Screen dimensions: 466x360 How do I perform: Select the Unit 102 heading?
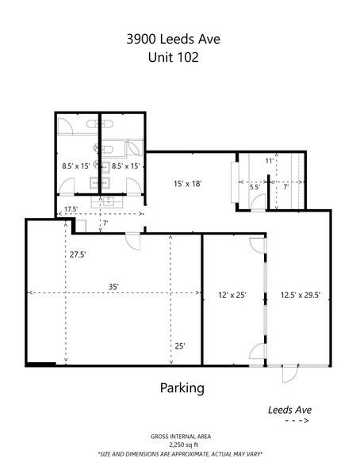[x=179, y=58]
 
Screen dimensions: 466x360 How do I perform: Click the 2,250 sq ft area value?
[x=180, y=445]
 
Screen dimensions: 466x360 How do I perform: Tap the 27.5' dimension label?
[x=77, y=254]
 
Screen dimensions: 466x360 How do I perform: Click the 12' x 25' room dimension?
[x=232, y=296]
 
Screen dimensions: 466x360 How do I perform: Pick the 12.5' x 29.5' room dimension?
[x=301, y=296]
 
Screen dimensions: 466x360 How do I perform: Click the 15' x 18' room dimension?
[x=188, y=184]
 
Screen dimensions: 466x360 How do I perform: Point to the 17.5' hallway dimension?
[x=71, y=209]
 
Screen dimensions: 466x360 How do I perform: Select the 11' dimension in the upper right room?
[x=270, y=161]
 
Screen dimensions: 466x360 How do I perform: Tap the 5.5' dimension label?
[x=255, y=188]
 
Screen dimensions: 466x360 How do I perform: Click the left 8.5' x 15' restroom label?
[x=77, y=166]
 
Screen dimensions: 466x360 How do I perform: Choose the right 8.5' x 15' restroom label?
[x=125, y=166]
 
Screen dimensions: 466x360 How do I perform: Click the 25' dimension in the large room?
[x=180, y=346]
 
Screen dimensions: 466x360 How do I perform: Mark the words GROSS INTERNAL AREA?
[x=180, y=437]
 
